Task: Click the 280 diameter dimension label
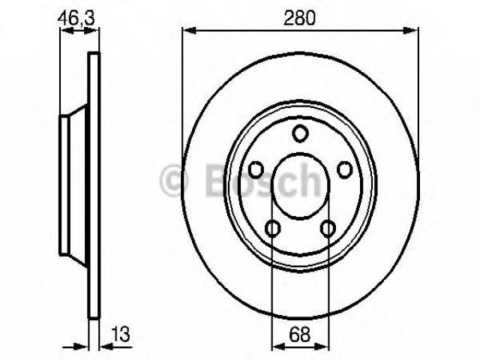click(x=299, y=18)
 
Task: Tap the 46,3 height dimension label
click(x=76, y=18)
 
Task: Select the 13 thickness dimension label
click(x=121, y=334)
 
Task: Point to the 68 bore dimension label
click(x=299, y=334)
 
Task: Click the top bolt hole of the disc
click(x=300, y=133)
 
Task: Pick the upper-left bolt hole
click(x=256, y=170)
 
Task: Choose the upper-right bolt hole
click(x=345, y=170)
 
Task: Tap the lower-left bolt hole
click(x=272, y=228)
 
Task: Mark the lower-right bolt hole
click(x=328, y=228)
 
